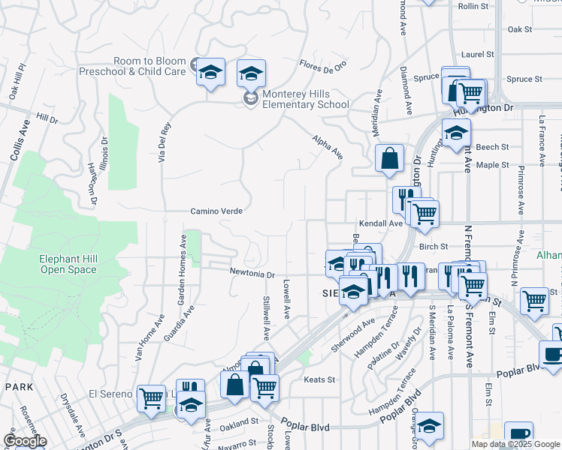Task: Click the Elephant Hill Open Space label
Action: click(68, 264)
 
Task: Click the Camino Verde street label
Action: click(216, 211)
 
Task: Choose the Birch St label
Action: click(434, 246)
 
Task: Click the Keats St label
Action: click(319, 379)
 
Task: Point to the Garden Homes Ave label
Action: click(181, 269)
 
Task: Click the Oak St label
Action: click(519, 29)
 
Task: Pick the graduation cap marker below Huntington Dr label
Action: click(456, 133)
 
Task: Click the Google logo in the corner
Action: click(25, 441)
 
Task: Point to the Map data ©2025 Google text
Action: click(516, 444)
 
